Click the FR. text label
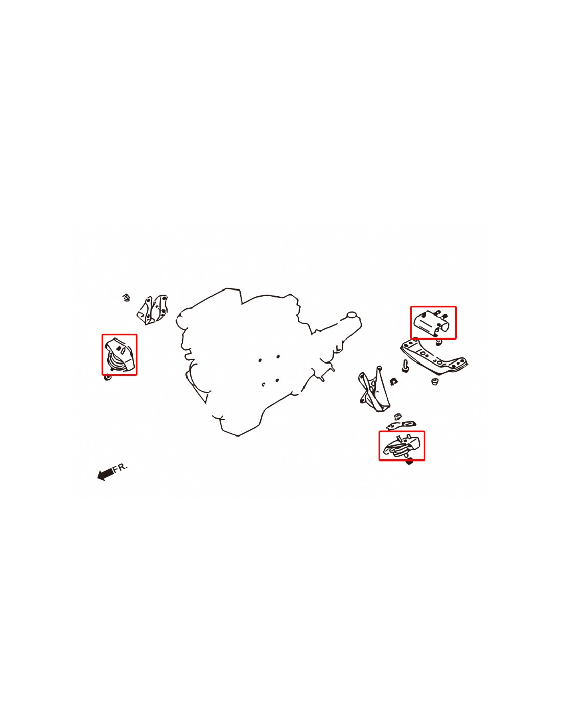click(x=121, y=467)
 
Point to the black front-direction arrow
click(x=105, y=474)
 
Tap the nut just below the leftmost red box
click(x=108, y=378)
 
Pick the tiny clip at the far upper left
click(x=126, y=297)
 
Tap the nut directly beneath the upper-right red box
click(x=439, y=342)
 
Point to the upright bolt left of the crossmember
click(x=405, y=366)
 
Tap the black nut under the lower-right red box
click(x=409, y=463)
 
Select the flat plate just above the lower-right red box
click(x=401, y=425)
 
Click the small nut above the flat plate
click(x=397, y=416)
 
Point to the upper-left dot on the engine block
click(x=260, y=360)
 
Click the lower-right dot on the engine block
click(x=277, y=380)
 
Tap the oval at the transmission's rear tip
click(x=352, y=314)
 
